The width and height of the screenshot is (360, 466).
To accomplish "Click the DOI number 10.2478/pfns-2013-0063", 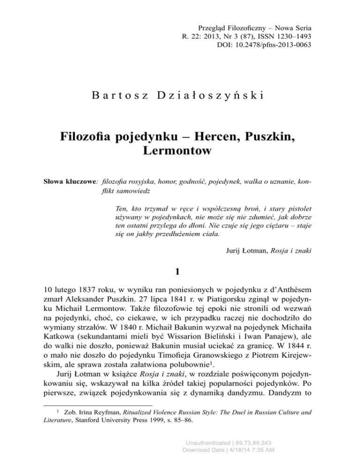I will pos(272,45).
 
